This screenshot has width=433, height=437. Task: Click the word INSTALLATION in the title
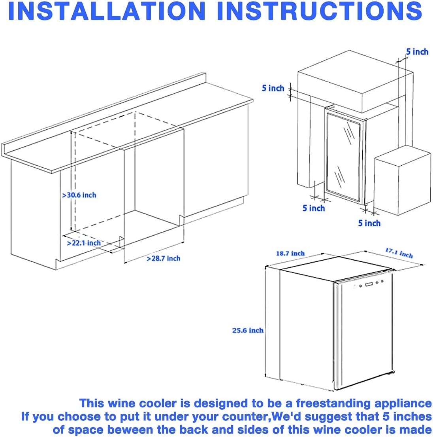coord(107,11)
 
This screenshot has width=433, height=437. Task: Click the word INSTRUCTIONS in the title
coord(320,11)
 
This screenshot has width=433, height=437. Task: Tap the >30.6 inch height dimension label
coord(79,195)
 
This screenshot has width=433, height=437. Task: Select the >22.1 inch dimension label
coord(84,243)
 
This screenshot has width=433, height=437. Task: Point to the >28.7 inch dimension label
coord(164,259)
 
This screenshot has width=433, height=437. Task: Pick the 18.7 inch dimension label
coord(290,253)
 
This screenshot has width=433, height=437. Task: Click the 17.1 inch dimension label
coord(399,253)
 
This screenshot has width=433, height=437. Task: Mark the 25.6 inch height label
coord(248,330)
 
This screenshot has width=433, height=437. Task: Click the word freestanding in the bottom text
coord(333,403)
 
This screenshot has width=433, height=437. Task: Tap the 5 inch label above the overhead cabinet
coord(417,52)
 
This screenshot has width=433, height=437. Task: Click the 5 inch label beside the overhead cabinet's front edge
coord(273,88)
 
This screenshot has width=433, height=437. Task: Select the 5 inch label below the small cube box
coord(369,223)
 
